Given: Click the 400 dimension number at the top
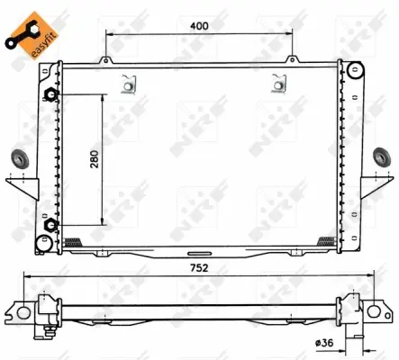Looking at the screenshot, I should (x=199, y=25).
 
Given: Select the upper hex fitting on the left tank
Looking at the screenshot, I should (x=52, y=96).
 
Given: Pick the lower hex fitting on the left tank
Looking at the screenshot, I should (x=52, y=225).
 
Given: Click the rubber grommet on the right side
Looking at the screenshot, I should (x=381, y=159).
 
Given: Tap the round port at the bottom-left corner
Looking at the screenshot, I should (x=43, y=242).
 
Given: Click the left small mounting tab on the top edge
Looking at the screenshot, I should (x=106, y=61).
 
